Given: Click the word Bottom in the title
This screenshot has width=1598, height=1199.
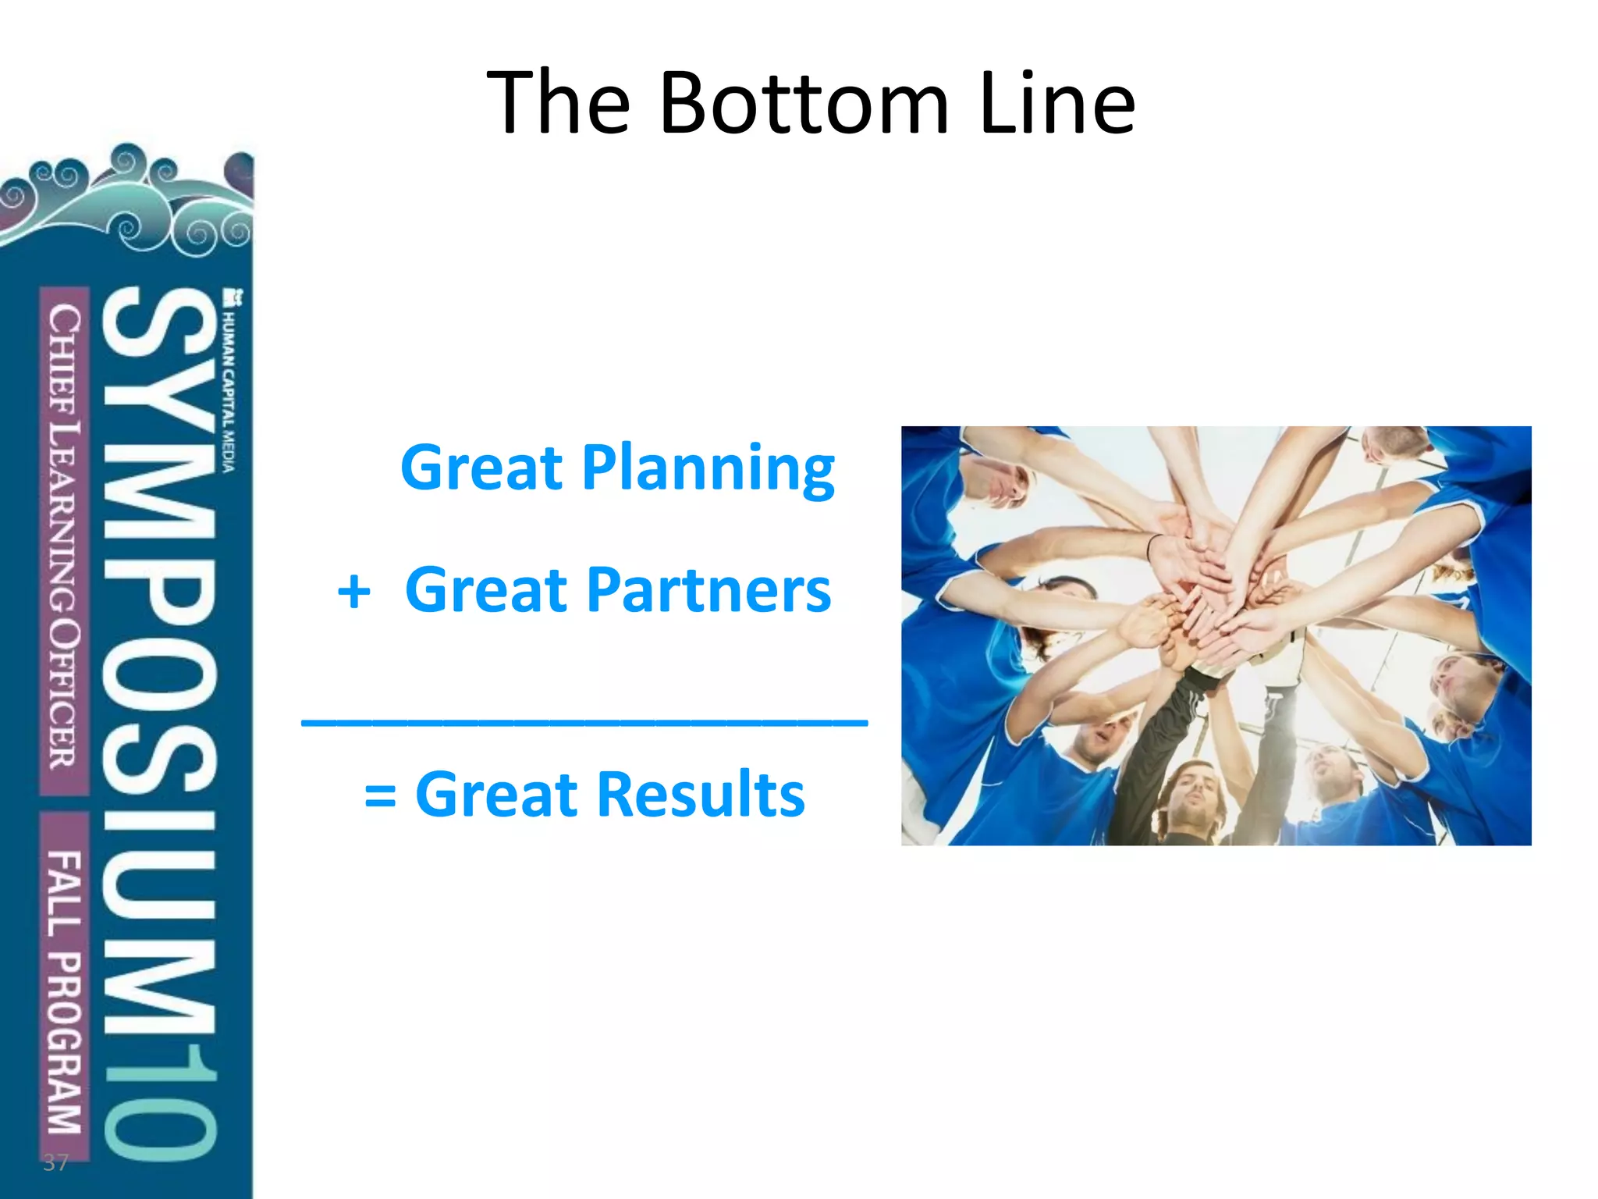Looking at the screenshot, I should click(x=804, y=104).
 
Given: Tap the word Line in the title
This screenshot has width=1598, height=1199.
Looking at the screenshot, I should click(x=1056, y=104).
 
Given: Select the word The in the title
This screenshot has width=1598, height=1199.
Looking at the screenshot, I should click(x=557, y=104).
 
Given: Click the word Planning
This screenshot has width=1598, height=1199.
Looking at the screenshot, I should click(x=708, y=468).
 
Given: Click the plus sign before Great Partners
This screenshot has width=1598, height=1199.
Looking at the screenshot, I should click(x=353, y=592).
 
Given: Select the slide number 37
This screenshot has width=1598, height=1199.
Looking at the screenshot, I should click(x=55, y=1163).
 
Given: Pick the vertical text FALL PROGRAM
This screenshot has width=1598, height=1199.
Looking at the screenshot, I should click(x=64, y=991).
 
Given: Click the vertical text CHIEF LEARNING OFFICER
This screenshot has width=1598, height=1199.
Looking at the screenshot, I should click(x=64, y=539).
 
